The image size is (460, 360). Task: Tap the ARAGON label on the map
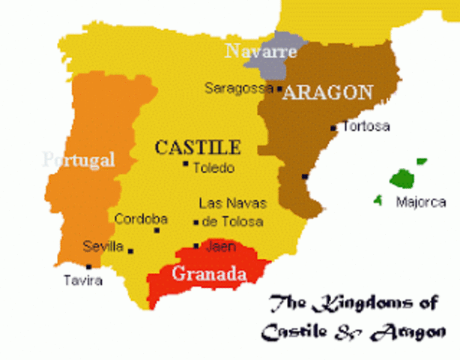point(328,92)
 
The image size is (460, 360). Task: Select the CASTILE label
point(198,147)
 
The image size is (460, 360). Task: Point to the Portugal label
point(79,159)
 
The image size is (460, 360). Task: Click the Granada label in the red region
point(210,274)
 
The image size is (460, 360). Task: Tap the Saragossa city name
point(238,88)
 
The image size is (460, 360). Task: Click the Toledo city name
point(214,168)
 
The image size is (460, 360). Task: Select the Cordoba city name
point(141,219)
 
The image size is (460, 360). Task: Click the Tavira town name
point(82,281)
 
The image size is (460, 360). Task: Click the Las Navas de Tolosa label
point(231,212)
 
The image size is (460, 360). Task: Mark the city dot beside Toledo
point(186,164)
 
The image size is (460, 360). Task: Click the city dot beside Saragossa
point(279,88)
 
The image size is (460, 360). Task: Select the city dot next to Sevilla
point(130,251)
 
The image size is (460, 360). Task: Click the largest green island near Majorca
point(404,178)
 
